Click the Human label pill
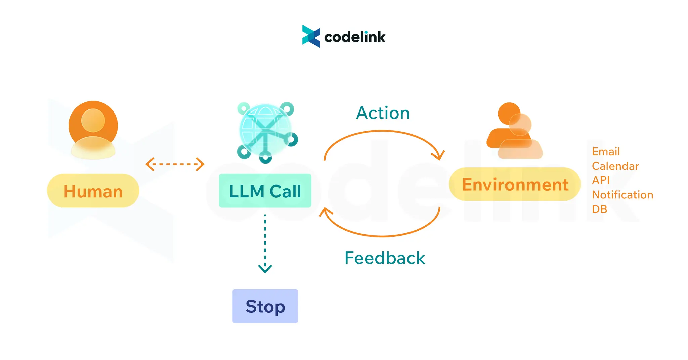93,191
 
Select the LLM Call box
265,191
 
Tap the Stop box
265,306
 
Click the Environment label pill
515,184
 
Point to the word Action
383,113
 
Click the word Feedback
385,258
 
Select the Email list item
606,151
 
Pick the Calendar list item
615,166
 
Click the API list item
601,180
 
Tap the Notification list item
622,195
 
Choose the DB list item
599,209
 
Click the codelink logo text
355,37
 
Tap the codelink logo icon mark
311,36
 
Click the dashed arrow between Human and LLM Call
175,164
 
